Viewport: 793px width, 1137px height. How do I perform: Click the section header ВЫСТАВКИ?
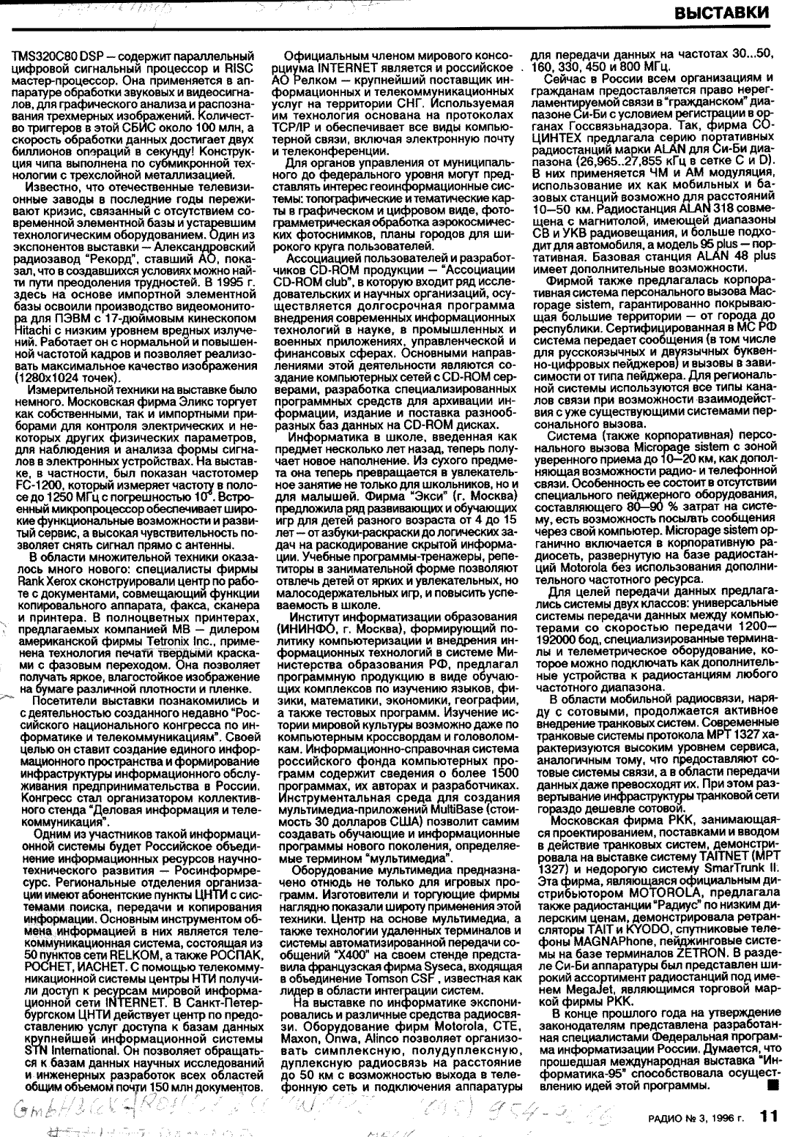(721, 13)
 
